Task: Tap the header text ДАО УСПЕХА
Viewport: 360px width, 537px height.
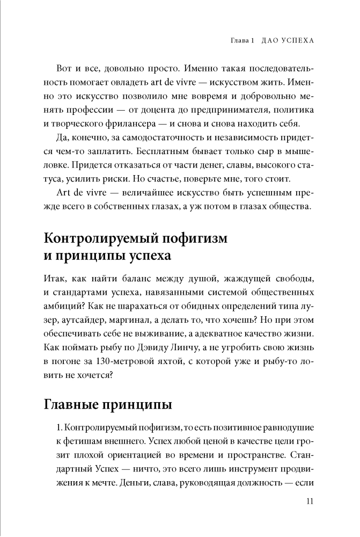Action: click(x=285, y=41)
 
